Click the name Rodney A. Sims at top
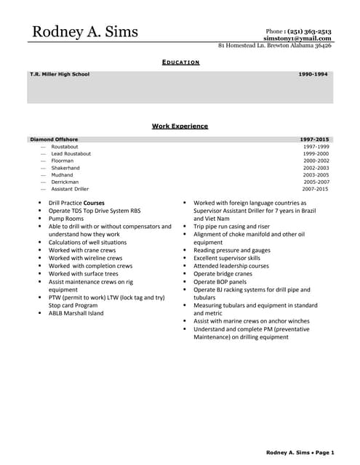[x=84, y=32]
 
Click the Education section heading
[x=180, y=63]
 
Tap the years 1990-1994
[x=313, y=74]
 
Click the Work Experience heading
[x=180, y=126]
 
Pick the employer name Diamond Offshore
[x=54, y=139]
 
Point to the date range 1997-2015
[x=314, y=139]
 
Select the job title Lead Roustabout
[x=71, y=154]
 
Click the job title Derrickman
[x=65, y=182]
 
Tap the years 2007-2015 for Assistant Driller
[x=316, y=189]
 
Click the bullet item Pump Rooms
[x=66, y=218]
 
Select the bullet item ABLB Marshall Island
[x=76, y=314]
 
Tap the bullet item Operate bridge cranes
[x=225, y=274]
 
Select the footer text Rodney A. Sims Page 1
[x=300, y=453]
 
